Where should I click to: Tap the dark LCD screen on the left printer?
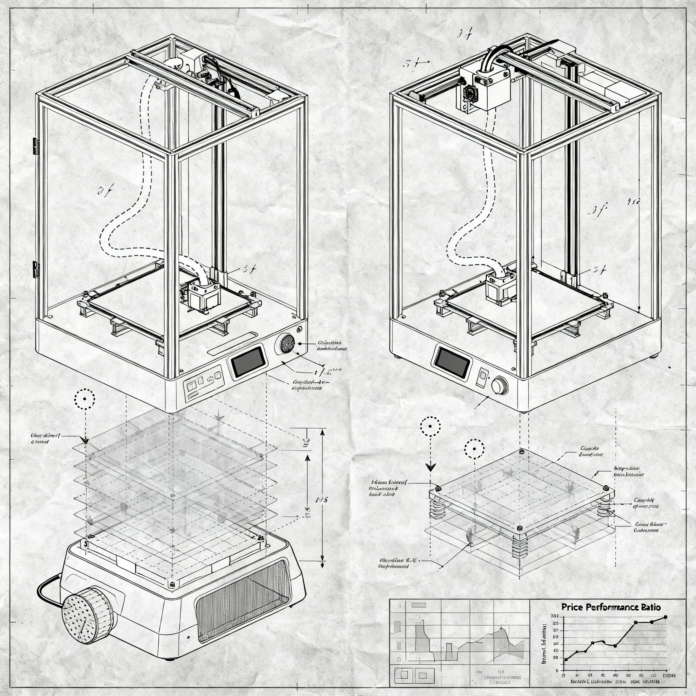(x=248, y=361)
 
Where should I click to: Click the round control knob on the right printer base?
(x=500, y=385)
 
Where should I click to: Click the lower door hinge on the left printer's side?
(x=36, y=269)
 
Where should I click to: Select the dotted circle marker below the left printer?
(x=85, y=399)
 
